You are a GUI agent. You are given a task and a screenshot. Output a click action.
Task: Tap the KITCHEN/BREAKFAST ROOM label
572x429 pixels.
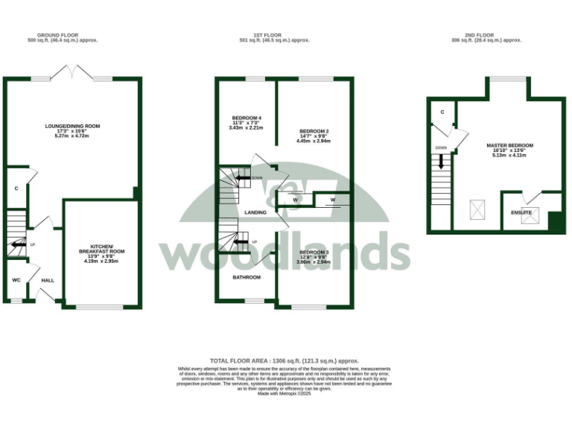tap(101, 249)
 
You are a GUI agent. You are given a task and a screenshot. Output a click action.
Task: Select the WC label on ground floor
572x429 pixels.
tap(16, 280)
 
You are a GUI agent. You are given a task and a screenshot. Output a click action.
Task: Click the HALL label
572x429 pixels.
tap(48, 280)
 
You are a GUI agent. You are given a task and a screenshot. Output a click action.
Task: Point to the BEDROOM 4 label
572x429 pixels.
tap(245, 118)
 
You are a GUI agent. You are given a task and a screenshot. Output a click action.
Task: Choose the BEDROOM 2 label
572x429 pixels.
tap(313, 131)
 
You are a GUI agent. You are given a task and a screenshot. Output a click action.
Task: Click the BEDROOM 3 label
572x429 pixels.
tap(313, 252)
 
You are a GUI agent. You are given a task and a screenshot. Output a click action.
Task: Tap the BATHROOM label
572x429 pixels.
tap(246, 277)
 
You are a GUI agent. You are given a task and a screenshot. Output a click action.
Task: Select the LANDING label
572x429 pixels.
tap(255, 213)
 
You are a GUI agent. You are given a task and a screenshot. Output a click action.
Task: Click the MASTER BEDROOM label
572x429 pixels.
tap(509, 145)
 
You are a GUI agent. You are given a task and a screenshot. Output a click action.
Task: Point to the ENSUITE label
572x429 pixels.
tap(521, 212)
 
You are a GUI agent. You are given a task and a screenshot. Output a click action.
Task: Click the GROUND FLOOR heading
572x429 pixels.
tap(68, 35)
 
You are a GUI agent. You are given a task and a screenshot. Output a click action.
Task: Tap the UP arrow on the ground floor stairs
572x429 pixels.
tap(15, 244)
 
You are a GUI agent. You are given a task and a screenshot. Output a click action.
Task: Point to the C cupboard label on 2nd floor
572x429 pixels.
tap(442, 112)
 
